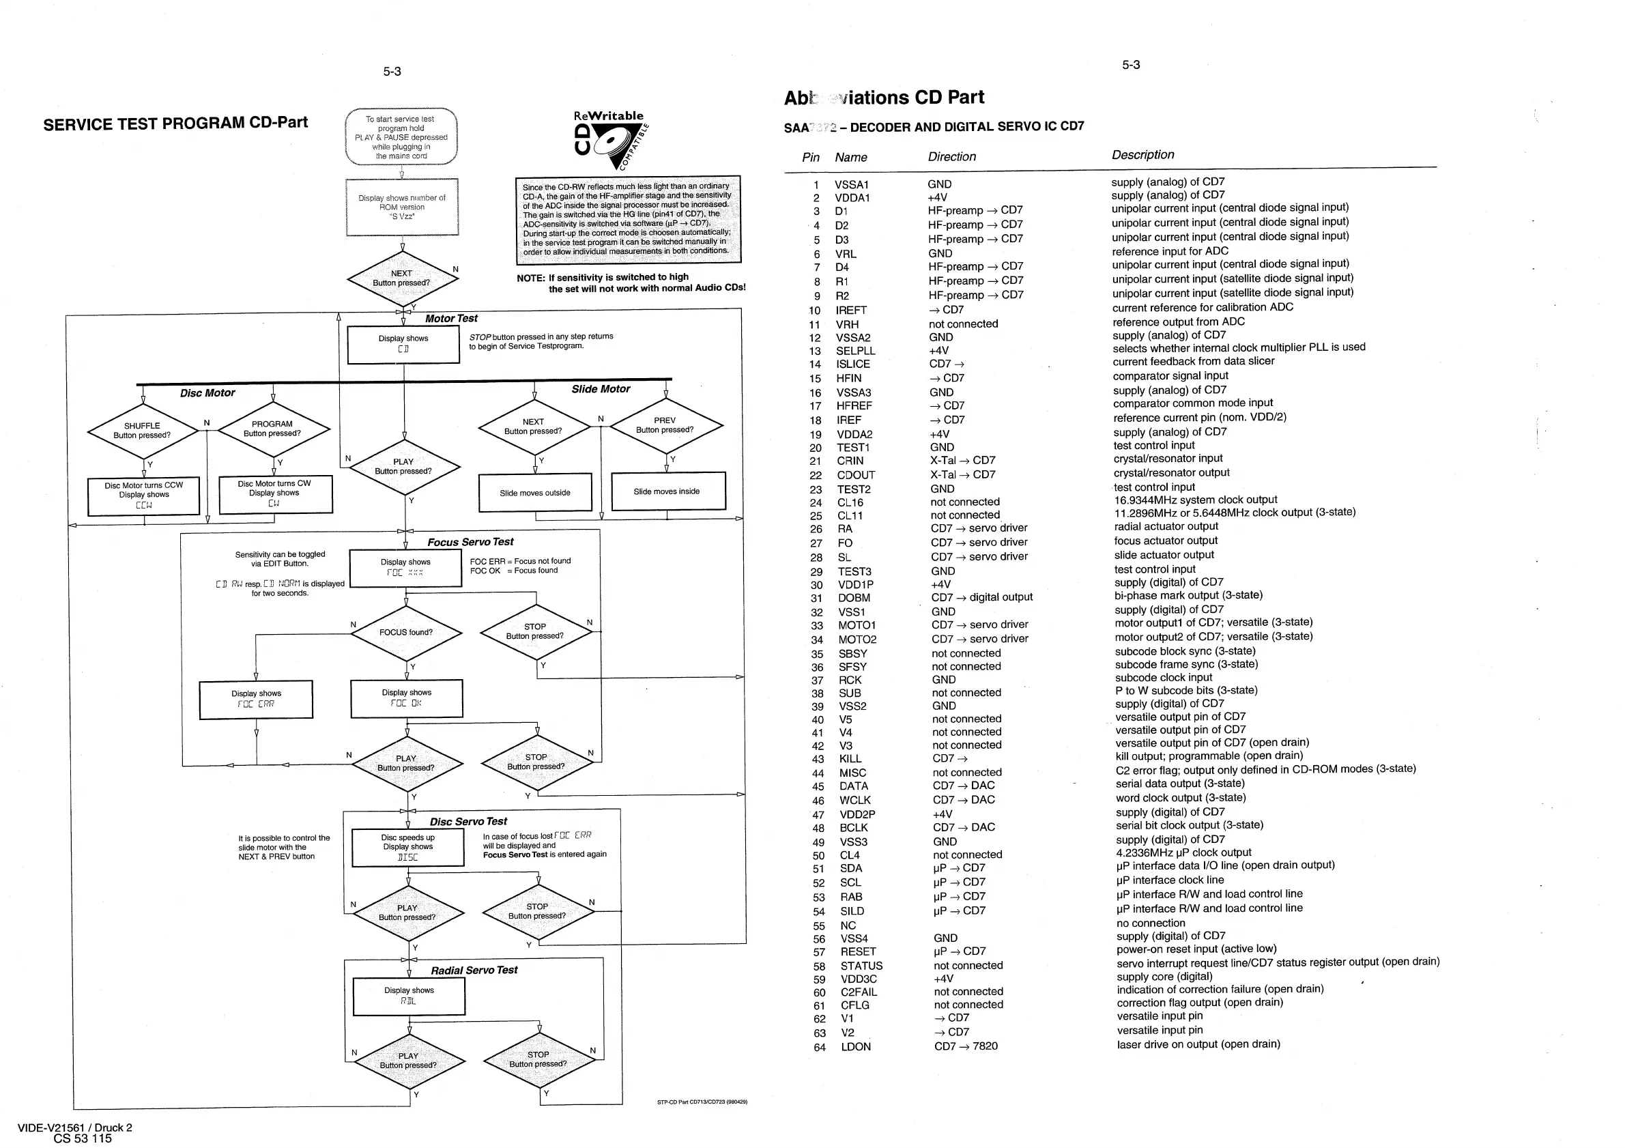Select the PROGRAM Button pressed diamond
coord(272,429)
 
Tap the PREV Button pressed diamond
coord(665,425)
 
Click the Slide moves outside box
coord(535,493)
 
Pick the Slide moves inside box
coord(667,491)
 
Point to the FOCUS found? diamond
coord(406,632)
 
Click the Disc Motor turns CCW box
coord(144,496)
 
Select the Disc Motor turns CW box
coord(274,493)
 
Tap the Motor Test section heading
coord(451,319)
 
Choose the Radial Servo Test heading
coord(474,971)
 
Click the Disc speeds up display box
coord(407,847)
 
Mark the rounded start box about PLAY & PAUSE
coord(401,137)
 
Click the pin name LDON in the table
coord(856,1047)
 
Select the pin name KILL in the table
coord(850,759)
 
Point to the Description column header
coord(1142,155)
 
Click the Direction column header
coord(952,157)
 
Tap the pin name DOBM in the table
coord(854,598)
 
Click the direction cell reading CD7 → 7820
coord(965,1046)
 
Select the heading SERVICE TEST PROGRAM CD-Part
coord(175,124)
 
